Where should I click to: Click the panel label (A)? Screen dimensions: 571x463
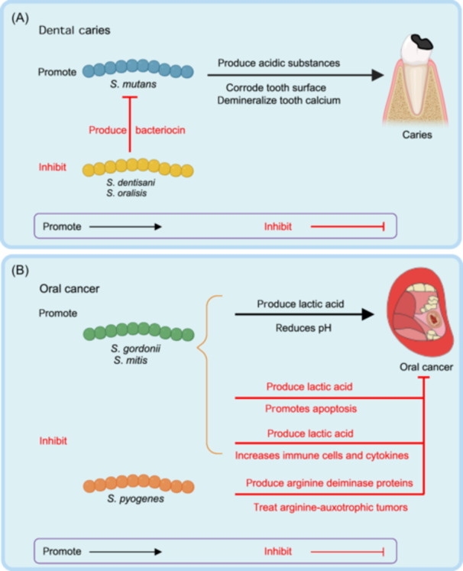[x=21, y=15]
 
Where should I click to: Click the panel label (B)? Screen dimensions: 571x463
[x=21, y=269]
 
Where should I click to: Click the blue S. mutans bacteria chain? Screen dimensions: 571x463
[x=138, y=71]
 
